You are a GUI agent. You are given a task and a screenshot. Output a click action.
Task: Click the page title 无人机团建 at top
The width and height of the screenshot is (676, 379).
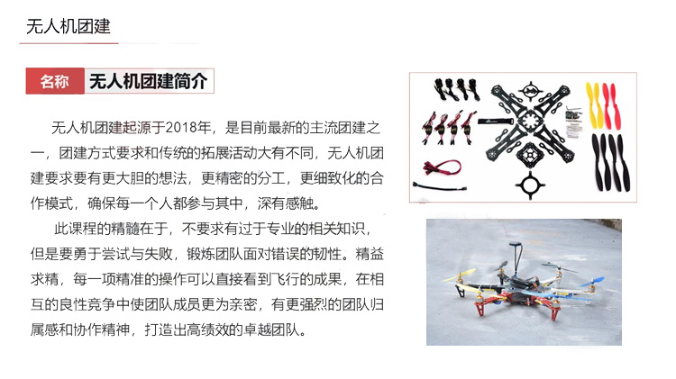click(69, 26)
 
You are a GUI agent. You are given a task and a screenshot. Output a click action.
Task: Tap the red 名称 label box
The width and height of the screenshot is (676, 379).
click(55, 81)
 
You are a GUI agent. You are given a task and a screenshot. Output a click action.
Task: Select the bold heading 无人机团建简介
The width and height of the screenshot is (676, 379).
click(148, 81)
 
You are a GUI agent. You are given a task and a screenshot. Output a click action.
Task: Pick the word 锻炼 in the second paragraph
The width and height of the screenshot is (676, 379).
click(200, 254)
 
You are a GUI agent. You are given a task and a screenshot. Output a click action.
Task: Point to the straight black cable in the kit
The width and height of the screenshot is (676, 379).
click(439, 186)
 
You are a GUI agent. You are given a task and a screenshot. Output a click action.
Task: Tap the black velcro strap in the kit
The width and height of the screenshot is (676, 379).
click(495, 121)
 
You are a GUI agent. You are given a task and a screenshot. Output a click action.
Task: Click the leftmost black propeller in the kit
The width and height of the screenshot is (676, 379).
click(597, 161)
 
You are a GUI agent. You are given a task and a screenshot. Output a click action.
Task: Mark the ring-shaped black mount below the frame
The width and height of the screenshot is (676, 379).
click(530, 185)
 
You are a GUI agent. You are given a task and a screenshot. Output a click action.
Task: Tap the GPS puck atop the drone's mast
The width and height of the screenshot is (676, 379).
click(516, 245)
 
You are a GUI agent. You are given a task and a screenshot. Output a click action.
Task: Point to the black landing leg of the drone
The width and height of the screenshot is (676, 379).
click(461, 291)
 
